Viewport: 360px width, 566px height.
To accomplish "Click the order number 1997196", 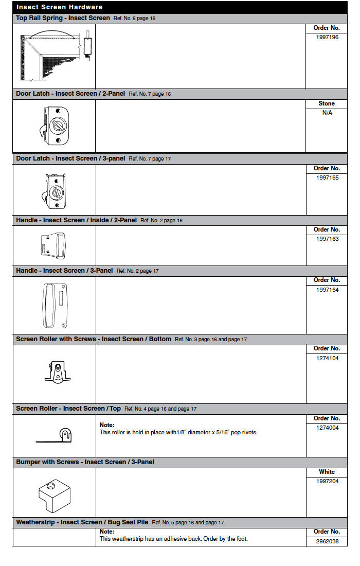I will (327, 38).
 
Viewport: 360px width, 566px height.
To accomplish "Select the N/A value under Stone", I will (327, 113).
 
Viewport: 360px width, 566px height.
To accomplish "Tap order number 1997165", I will (327, 178).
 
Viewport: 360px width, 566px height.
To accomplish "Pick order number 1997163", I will (327, 239).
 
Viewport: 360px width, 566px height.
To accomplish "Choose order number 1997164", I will (327, 290).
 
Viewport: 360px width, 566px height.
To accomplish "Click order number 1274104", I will (327, 358).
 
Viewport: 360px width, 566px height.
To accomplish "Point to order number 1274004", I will (327, 428).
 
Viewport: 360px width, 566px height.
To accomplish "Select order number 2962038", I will (327, 541).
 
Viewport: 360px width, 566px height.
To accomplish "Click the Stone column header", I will (327, 103).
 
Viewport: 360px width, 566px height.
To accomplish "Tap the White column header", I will (327, 472).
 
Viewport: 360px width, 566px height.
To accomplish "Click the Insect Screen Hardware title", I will (59, 7).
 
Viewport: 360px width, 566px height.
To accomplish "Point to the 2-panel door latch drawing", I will (55, 126).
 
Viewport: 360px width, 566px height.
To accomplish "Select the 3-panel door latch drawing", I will (53, 190).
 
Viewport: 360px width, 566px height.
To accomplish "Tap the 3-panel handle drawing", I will (54, 305).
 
